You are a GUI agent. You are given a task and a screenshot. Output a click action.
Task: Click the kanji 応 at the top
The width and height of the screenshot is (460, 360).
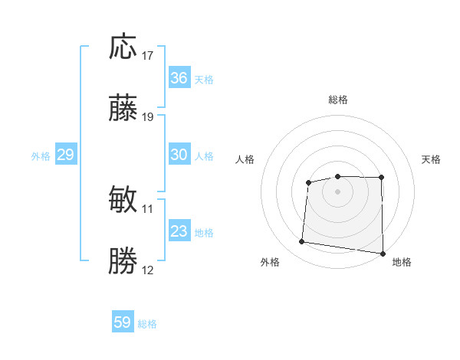pyautogui.click(x=123, y=47)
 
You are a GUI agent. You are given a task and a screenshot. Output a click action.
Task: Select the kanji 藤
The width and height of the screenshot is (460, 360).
pyautogui.click(x=123, y=110)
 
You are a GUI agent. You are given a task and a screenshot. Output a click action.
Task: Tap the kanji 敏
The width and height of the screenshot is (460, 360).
pyautogui.click(x=123, y=200)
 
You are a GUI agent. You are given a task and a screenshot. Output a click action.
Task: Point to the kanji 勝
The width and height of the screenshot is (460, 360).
pyautogui.click(x=123, y=261)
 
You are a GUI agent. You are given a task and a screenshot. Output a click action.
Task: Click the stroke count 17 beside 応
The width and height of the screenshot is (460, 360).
pyautogui.click(x=148, y=56)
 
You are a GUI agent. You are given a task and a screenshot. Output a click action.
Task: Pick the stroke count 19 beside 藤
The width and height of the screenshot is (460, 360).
pyautogui.click(x=148, y=117)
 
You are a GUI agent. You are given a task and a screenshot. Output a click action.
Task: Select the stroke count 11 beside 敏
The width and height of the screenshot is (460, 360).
pyautogui.click(x=148, y=208)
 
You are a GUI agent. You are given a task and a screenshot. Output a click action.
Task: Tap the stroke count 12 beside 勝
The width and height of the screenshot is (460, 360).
pyautogui.click(x=148, y=270)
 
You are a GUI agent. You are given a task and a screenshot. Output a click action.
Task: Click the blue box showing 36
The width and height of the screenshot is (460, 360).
pyautogui.click(x=179, y=78)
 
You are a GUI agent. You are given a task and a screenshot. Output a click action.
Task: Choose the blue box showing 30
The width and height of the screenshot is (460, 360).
pyautogui.click(x=179, y=155)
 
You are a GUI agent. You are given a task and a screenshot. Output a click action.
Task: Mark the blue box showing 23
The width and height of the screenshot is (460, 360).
pyautogui.click(x=179, y=231)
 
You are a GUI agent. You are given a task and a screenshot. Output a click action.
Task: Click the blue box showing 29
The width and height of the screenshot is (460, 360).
pyautogui.click(x=65, y=155)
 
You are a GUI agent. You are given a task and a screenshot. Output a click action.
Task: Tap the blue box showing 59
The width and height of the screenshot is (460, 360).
pyautogui.click(x=123, y=322)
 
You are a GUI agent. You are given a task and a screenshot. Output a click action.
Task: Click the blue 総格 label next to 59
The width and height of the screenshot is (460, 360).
pyautogui.click(x=147, y=324)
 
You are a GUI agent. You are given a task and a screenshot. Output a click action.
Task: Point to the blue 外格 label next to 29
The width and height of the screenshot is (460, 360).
pyautogui.click(x=41, y=156)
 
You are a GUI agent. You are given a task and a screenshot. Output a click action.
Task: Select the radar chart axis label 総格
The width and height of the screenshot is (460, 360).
pyautogui.click(x=337, y=100)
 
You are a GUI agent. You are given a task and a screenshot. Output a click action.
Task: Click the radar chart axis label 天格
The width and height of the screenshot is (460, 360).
pyautogui.click(x=432, y=159)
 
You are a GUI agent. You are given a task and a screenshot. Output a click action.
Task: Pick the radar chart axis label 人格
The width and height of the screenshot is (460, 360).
pyautogui.click(x=245, y=159)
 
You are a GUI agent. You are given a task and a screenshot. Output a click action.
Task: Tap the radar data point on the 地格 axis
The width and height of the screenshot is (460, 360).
pyautogui.click(x=383, y=254)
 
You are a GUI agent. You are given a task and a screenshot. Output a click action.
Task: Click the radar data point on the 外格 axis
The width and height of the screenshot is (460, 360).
pyautogui.click(x=301, y=242)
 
